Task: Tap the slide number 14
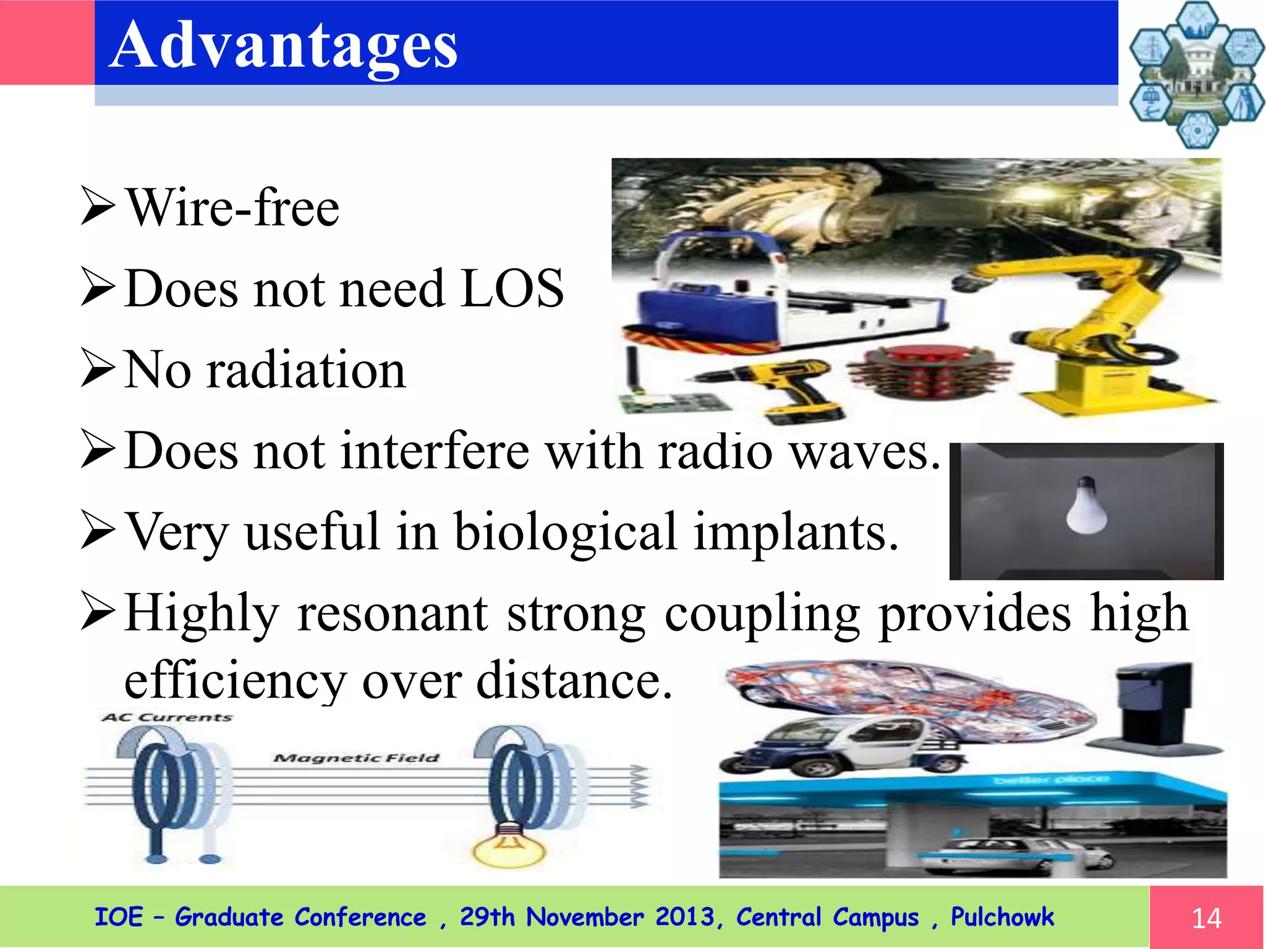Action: pyautogui.click(x=1206, y=918)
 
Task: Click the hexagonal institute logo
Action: pyautogui.click(x=1196, y=75)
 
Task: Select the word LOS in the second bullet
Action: pyautogui.click(x=512, y=289)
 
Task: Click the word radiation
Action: pyautogui.click(x=306, y=370)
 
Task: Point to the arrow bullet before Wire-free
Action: pyautogui.click(x=98, y=208)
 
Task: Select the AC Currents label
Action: pyautogui.click(x=168, y=717)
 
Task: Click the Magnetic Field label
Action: pyautogui.click(x=357, y=758)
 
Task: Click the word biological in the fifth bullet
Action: pyautogui.click(x=566, y=532)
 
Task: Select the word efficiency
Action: pyautogui.click(x=235, y=681)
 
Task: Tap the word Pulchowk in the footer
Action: pyautogui.click(x=1001, y=917)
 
